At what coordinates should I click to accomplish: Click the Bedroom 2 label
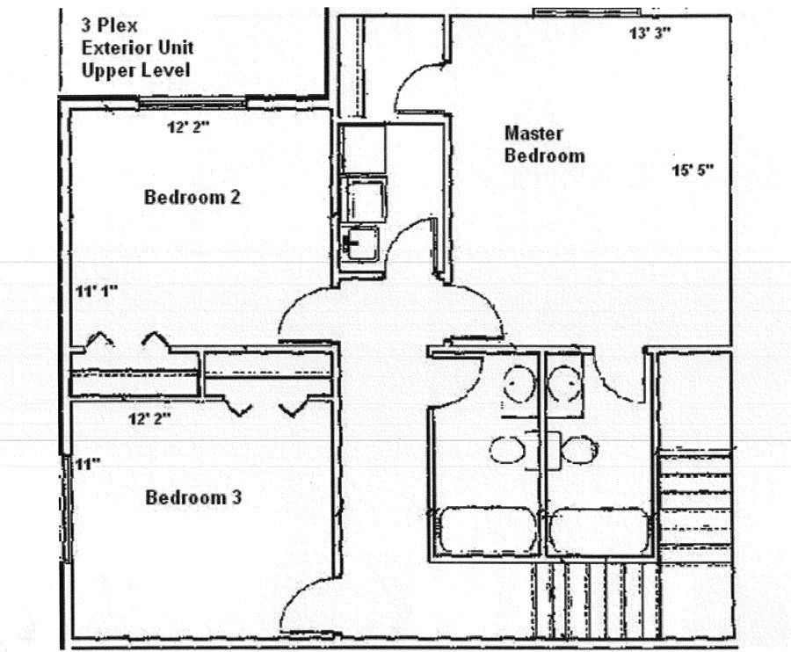(192, 197)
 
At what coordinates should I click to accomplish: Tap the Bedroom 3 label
(193, 497)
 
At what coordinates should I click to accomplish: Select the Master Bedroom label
(544, 144)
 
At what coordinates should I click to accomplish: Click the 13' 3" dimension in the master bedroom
(650, 33)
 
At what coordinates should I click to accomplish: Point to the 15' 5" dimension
(693, 170)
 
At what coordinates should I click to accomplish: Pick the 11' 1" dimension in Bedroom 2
(97, 291)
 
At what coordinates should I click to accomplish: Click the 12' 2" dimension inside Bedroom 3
(149, 418)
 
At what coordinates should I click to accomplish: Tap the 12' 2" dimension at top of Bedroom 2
(188, 127)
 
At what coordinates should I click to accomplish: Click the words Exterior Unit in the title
(138, 48)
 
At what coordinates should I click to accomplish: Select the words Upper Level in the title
(136, 70)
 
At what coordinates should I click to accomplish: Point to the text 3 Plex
(110, 25)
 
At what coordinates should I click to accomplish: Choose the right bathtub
(599, 532)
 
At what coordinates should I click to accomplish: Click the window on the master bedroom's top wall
(587, 12)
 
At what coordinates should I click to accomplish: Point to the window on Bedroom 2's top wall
(192, 104)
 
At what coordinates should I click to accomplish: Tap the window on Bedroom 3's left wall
(66, 509)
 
